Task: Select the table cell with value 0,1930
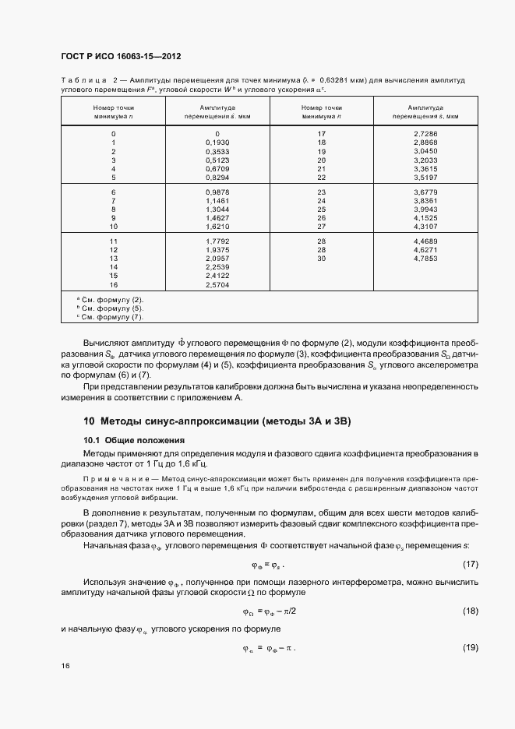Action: pos(217,143)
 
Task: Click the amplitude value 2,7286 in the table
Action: pos(425,134)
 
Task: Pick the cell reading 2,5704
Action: pos(217,285)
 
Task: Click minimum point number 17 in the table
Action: pos(321,134)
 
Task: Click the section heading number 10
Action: pos(89,422)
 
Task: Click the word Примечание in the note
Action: pos(111,474)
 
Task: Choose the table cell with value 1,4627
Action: pos(217,218)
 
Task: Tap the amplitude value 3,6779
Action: pos(425,192)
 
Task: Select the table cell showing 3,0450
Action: pos(425,151)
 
